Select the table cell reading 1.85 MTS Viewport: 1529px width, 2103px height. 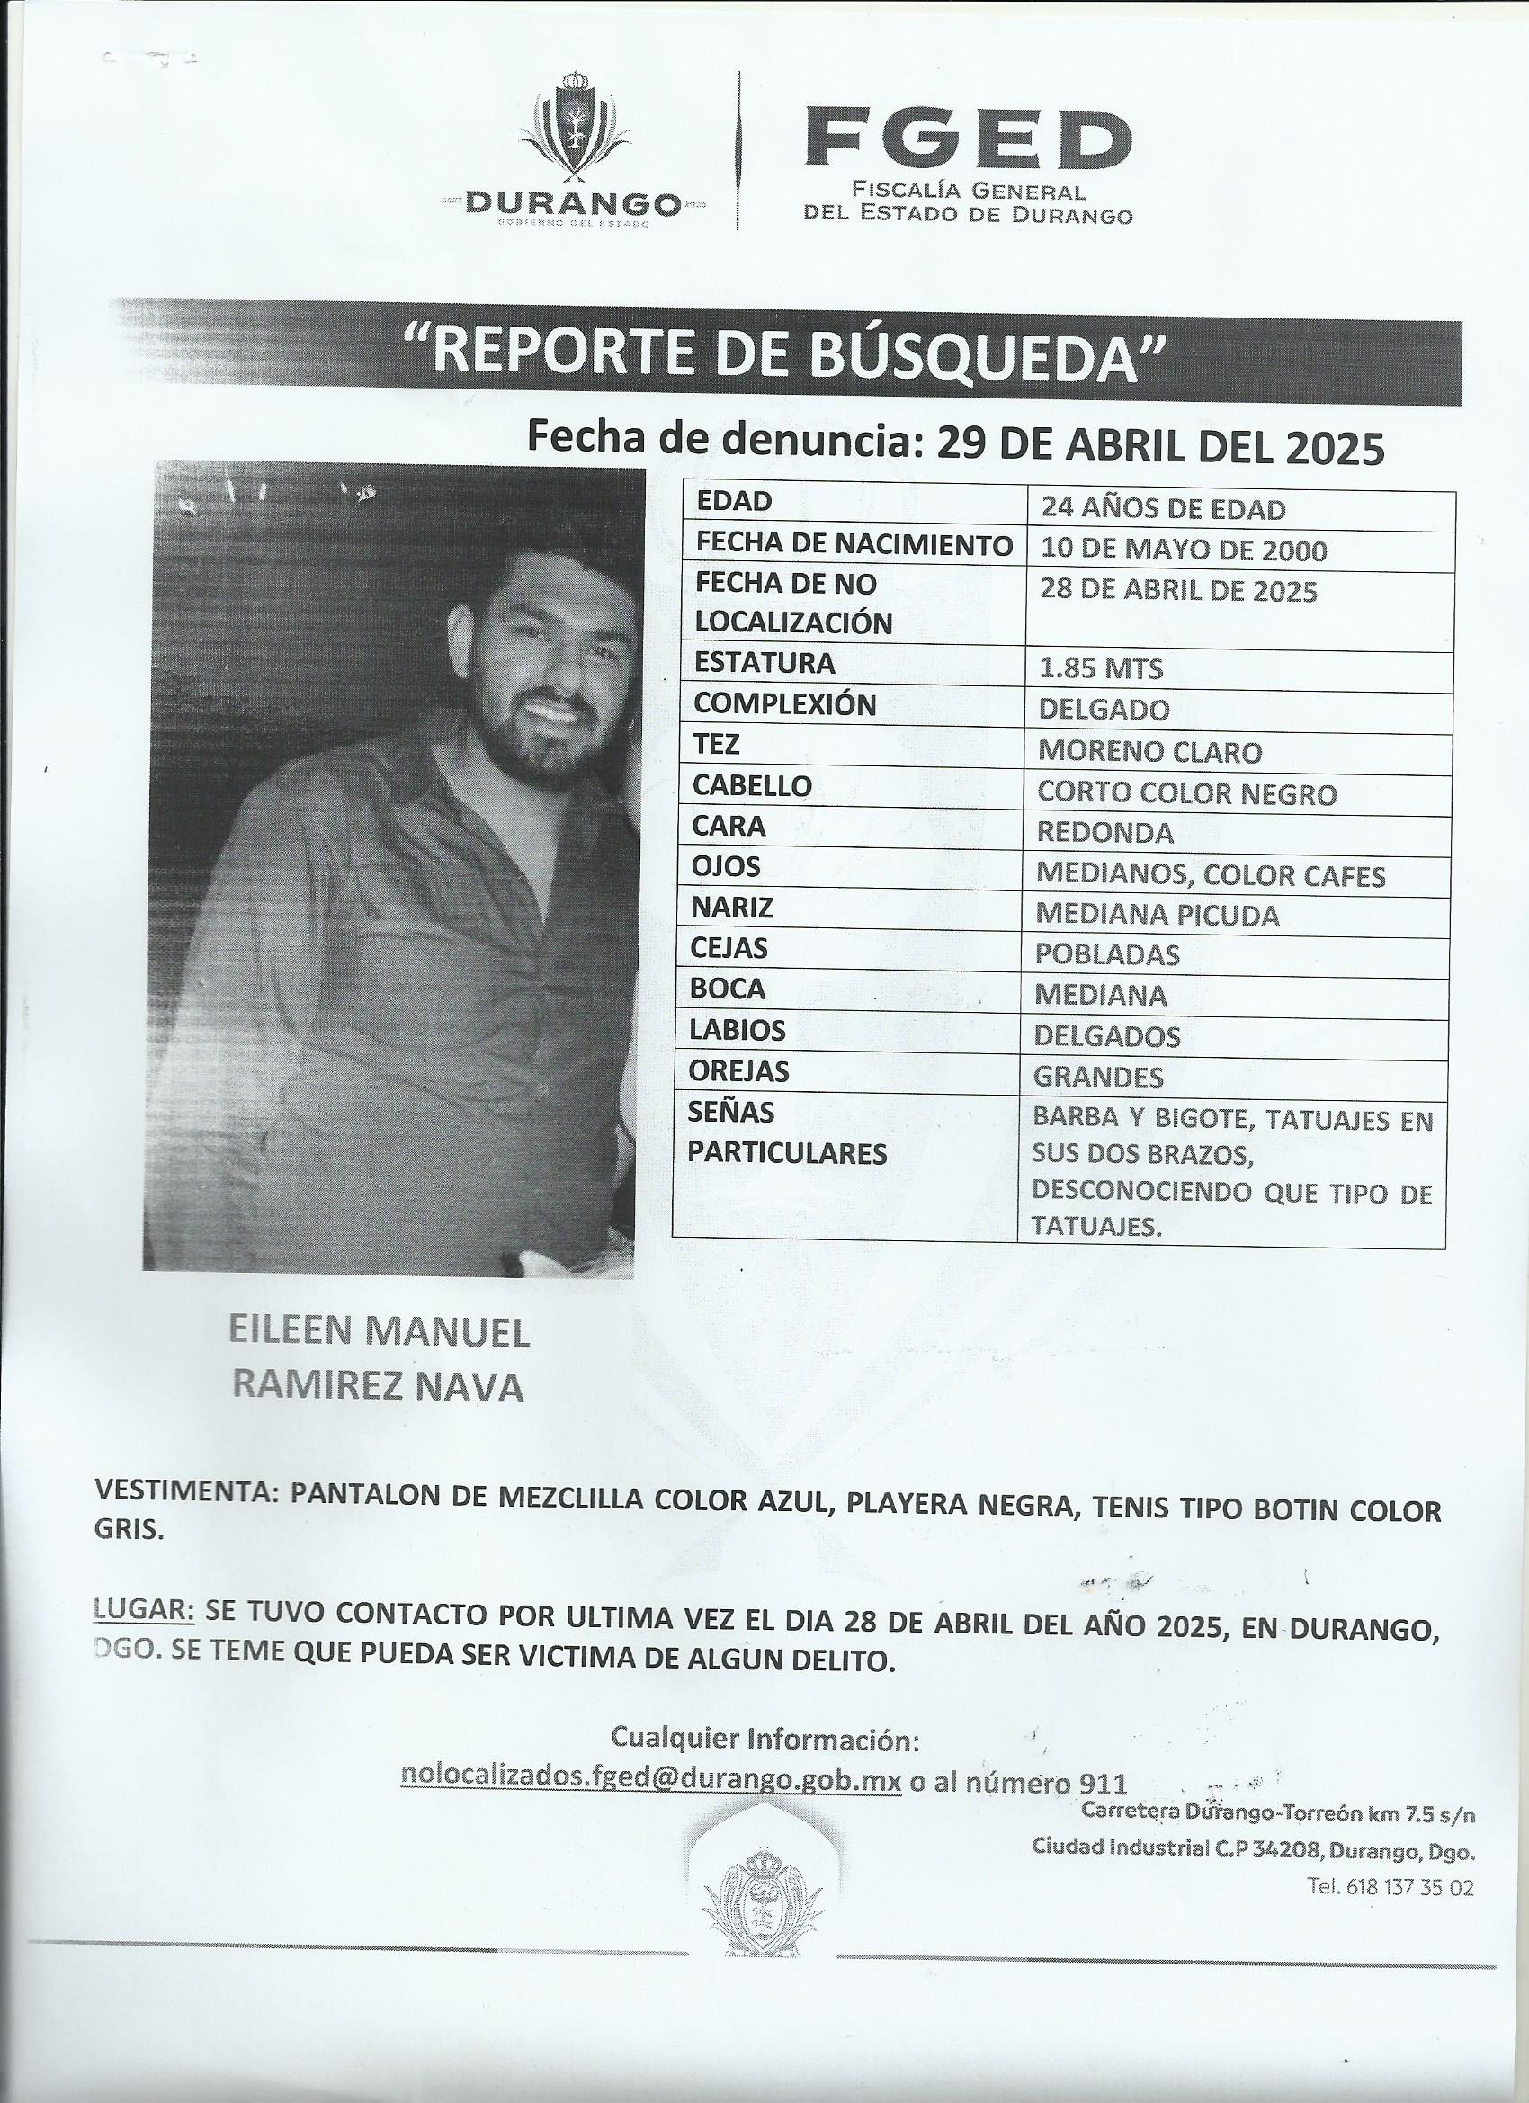click(x=1101, y=667)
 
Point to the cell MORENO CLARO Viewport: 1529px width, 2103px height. click(x=1149, y=751)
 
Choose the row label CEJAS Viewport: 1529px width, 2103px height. click(x=729, y=949)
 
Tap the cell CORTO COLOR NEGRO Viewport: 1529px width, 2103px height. click(x=1187, y=793)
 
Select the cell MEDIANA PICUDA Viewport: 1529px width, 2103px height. click(x=1158, y=916)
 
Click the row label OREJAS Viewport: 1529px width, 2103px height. click(x=739, y=1072)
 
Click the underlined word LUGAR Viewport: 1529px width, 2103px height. click(x=144, y=1612)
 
